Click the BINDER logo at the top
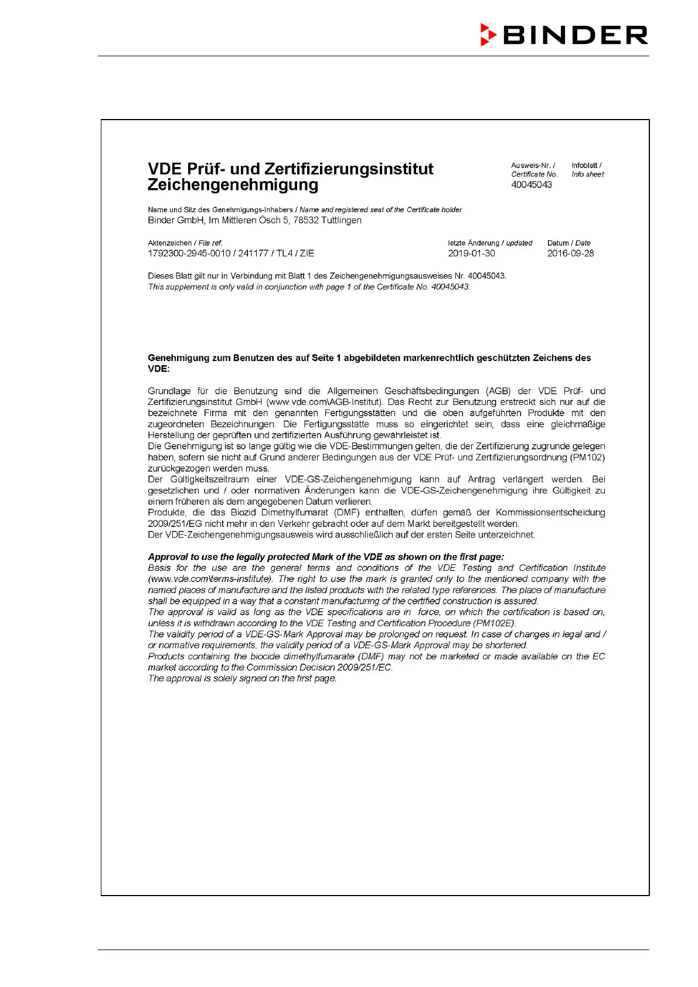tap(564, 35)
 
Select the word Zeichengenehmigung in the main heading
tap(233, 185)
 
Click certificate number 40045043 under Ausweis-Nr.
tap(532, 185)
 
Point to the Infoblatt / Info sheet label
tap(587, 170)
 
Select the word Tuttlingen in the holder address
tap(341, 220)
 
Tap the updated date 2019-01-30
tap(471, 254)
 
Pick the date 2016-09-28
tap(570, 254)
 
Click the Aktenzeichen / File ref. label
tap(185, 243)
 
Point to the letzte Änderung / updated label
tap(490, 243)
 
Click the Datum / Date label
tap(568, 243)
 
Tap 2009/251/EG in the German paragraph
tap(175, 523)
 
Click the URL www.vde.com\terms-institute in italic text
tap(210, 579)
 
